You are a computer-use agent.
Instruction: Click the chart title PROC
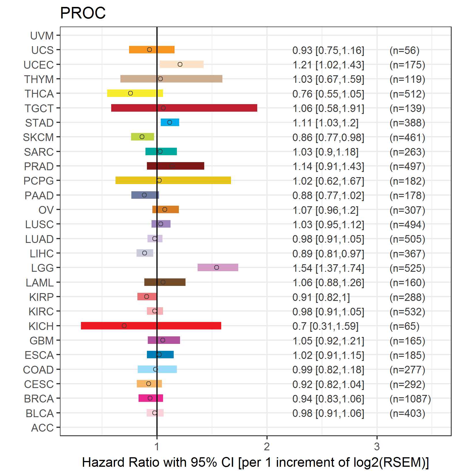coord(83,13)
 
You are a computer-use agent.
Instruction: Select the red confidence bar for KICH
coord(151,326)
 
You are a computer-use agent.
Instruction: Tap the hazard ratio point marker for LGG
coord(217,267)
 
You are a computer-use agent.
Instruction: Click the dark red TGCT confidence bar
coord(184,108)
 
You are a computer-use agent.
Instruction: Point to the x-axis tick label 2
coord(267,447)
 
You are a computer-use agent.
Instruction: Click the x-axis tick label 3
coord(377,447)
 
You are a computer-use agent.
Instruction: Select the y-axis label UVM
coord(42,36)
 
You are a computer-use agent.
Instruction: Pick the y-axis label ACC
coord(42,428)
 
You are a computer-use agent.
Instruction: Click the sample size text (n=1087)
coord(410,399)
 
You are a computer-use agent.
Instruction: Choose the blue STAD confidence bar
coord(170,122)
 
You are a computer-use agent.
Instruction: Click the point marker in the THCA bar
coord(130,93)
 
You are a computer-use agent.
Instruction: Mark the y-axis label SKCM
coord(38,137)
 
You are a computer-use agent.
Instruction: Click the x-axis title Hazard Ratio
coord(255,462)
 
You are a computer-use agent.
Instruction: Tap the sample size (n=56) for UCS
coord(404,50)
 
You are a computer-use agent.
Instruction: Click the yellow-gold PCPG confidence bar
coord(173,180)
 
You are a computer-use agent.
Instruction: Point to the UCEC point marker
coord(180,64)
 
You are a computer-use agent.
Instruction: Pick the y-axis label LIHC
coord(42,254)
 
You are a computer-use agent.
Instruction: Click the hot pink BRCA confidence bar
coord(151,398)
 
